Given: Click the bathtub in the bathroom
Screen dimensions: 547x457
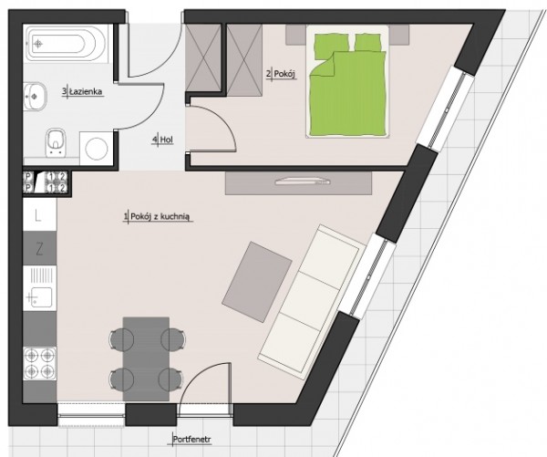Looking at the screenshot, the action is [67, 44].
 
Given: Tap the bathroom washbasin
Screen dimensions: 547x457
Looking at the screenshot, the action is [35, 96].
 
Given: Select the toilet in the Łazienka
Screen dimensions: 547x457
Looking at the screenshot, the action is [56, 142].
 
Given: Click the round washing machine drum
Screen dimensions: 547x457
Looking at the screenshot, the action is [97, 149].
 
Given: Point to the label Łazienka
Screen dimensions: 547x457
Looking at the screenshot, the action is [86, 92].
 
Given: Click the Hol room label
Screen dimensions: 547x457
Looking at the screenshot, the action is [167, 140].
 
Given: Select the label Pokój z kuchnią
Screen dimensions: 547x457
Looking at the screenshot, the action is [160, 217].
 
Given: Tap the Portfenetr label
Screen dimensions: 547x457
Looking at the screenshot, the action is [192, 440].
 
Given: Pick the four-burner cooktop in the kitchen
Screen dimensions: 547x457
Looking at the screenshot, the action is [39, 364].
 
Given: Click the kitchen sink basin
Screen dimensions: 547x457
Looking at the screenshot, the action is [41, 297].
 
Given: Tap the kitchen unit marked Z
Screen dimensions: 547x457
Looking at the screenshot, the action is [39, 249].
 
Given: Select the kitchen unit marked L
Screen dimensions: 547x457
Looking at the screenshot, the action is [39, 215].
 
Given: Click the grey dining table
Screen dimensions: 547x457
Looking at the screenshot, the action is [146, 358].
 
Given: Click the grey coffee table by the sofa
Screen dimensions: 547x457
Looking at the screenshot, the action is [257, 282].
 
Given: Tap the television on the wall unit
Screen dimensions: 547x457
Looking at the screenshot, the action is [302, 182].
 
